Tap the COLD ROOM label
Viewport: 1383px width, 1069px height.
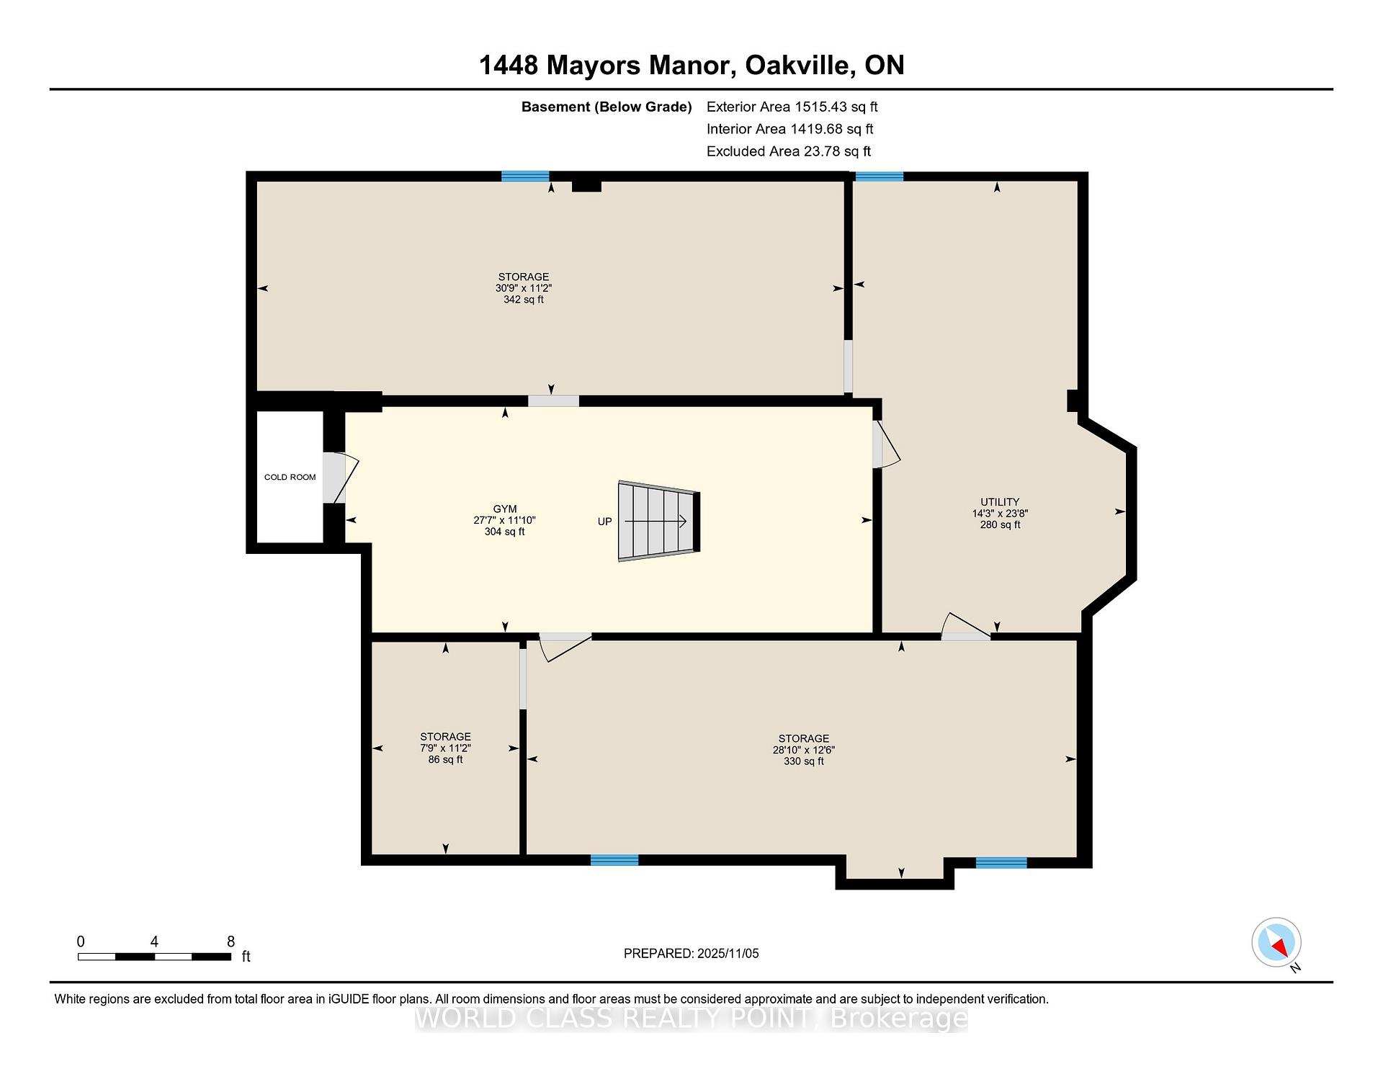[290, 477]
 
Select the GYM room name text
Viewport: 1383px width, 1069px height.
[504, 509]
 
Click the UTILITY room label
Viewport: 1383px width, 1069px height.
[999, 502]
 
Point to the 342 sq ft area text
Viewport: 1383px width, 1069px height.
[523, 300]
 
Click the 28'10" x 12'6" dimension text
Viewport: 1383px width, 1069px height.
[803, 750]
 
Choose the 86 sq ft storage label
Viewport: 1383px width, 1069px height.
[445, 759]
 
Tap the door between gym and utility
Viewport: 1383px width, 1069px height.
[885, 444]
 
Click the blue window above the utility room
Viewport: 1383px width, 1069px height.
[879, 176]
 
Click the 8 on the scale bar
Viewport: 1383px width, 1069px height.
[230, 941]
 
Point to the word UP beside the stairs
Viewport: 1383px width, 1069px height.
[604, 522]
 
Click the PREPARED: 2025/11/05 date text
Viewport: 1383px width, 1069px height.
[691, 954]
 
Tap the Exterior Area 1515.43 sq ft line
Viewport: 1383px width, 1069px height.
[792, 107]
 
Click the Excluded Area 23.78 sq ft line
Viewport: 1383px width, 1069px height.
[788, 151]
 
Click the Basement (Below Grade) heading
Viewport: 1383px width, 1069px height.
[606, 107]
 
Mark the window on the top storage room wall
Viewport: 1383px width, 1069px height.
[525, 176]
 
